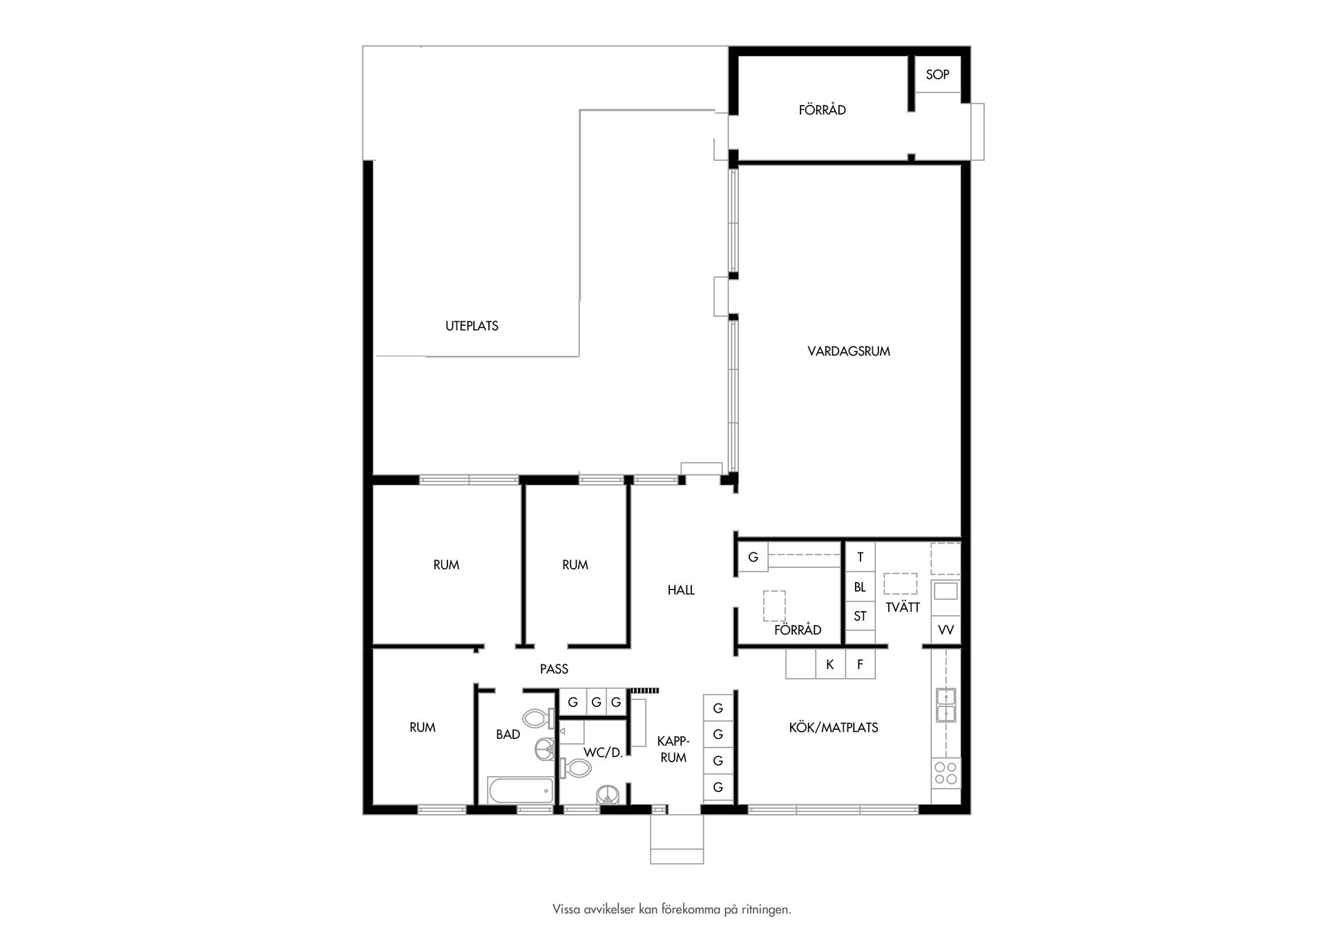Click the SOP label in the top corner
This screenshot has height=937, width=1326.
937,75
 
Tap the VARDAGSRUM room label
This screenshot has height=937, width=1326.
848,351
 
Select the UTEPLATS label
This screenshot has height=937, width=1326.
472,326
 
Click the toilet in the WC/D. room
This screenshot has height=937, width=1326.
577,767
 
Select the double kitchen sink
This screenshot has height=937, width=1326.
945,705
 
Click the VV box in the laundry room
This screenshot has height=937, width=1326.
945,630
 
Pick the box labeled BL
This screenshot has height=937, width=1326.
860,587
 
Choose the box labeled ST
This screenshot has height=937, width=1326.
860,616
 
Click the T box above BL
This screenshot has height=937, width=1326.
860,557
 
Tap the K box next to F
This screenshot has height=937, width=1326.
830,664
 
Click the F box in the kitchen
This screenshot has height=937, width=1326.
860,664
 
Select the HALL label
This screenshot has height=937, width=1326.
681,590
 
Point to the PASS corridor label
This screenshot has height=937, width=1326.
554,668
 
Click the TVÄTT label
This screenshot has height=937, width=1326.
903,608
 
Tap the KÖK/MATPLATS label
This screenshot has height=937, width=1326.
833,727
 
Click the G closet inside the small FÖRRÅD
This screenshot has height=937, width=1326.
753,557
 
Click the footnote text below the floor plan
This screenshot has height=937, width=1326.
671,909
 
